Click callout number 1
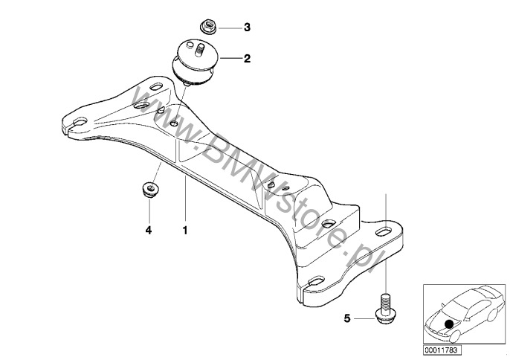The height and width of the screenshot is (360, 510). coord(184,231)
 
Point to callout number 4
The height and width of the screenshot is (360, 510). coord(148,231)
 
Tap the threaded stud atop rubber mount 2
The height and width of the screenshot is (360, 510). coord(200,51)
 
